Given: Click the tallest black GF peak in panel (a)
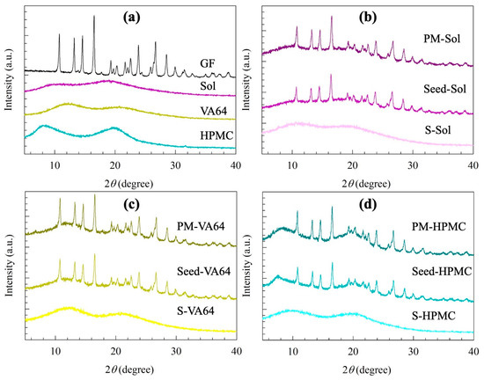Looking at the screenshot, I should coord(94,16).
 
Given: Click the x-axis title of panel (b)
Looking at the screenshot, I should coord(368,184).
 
